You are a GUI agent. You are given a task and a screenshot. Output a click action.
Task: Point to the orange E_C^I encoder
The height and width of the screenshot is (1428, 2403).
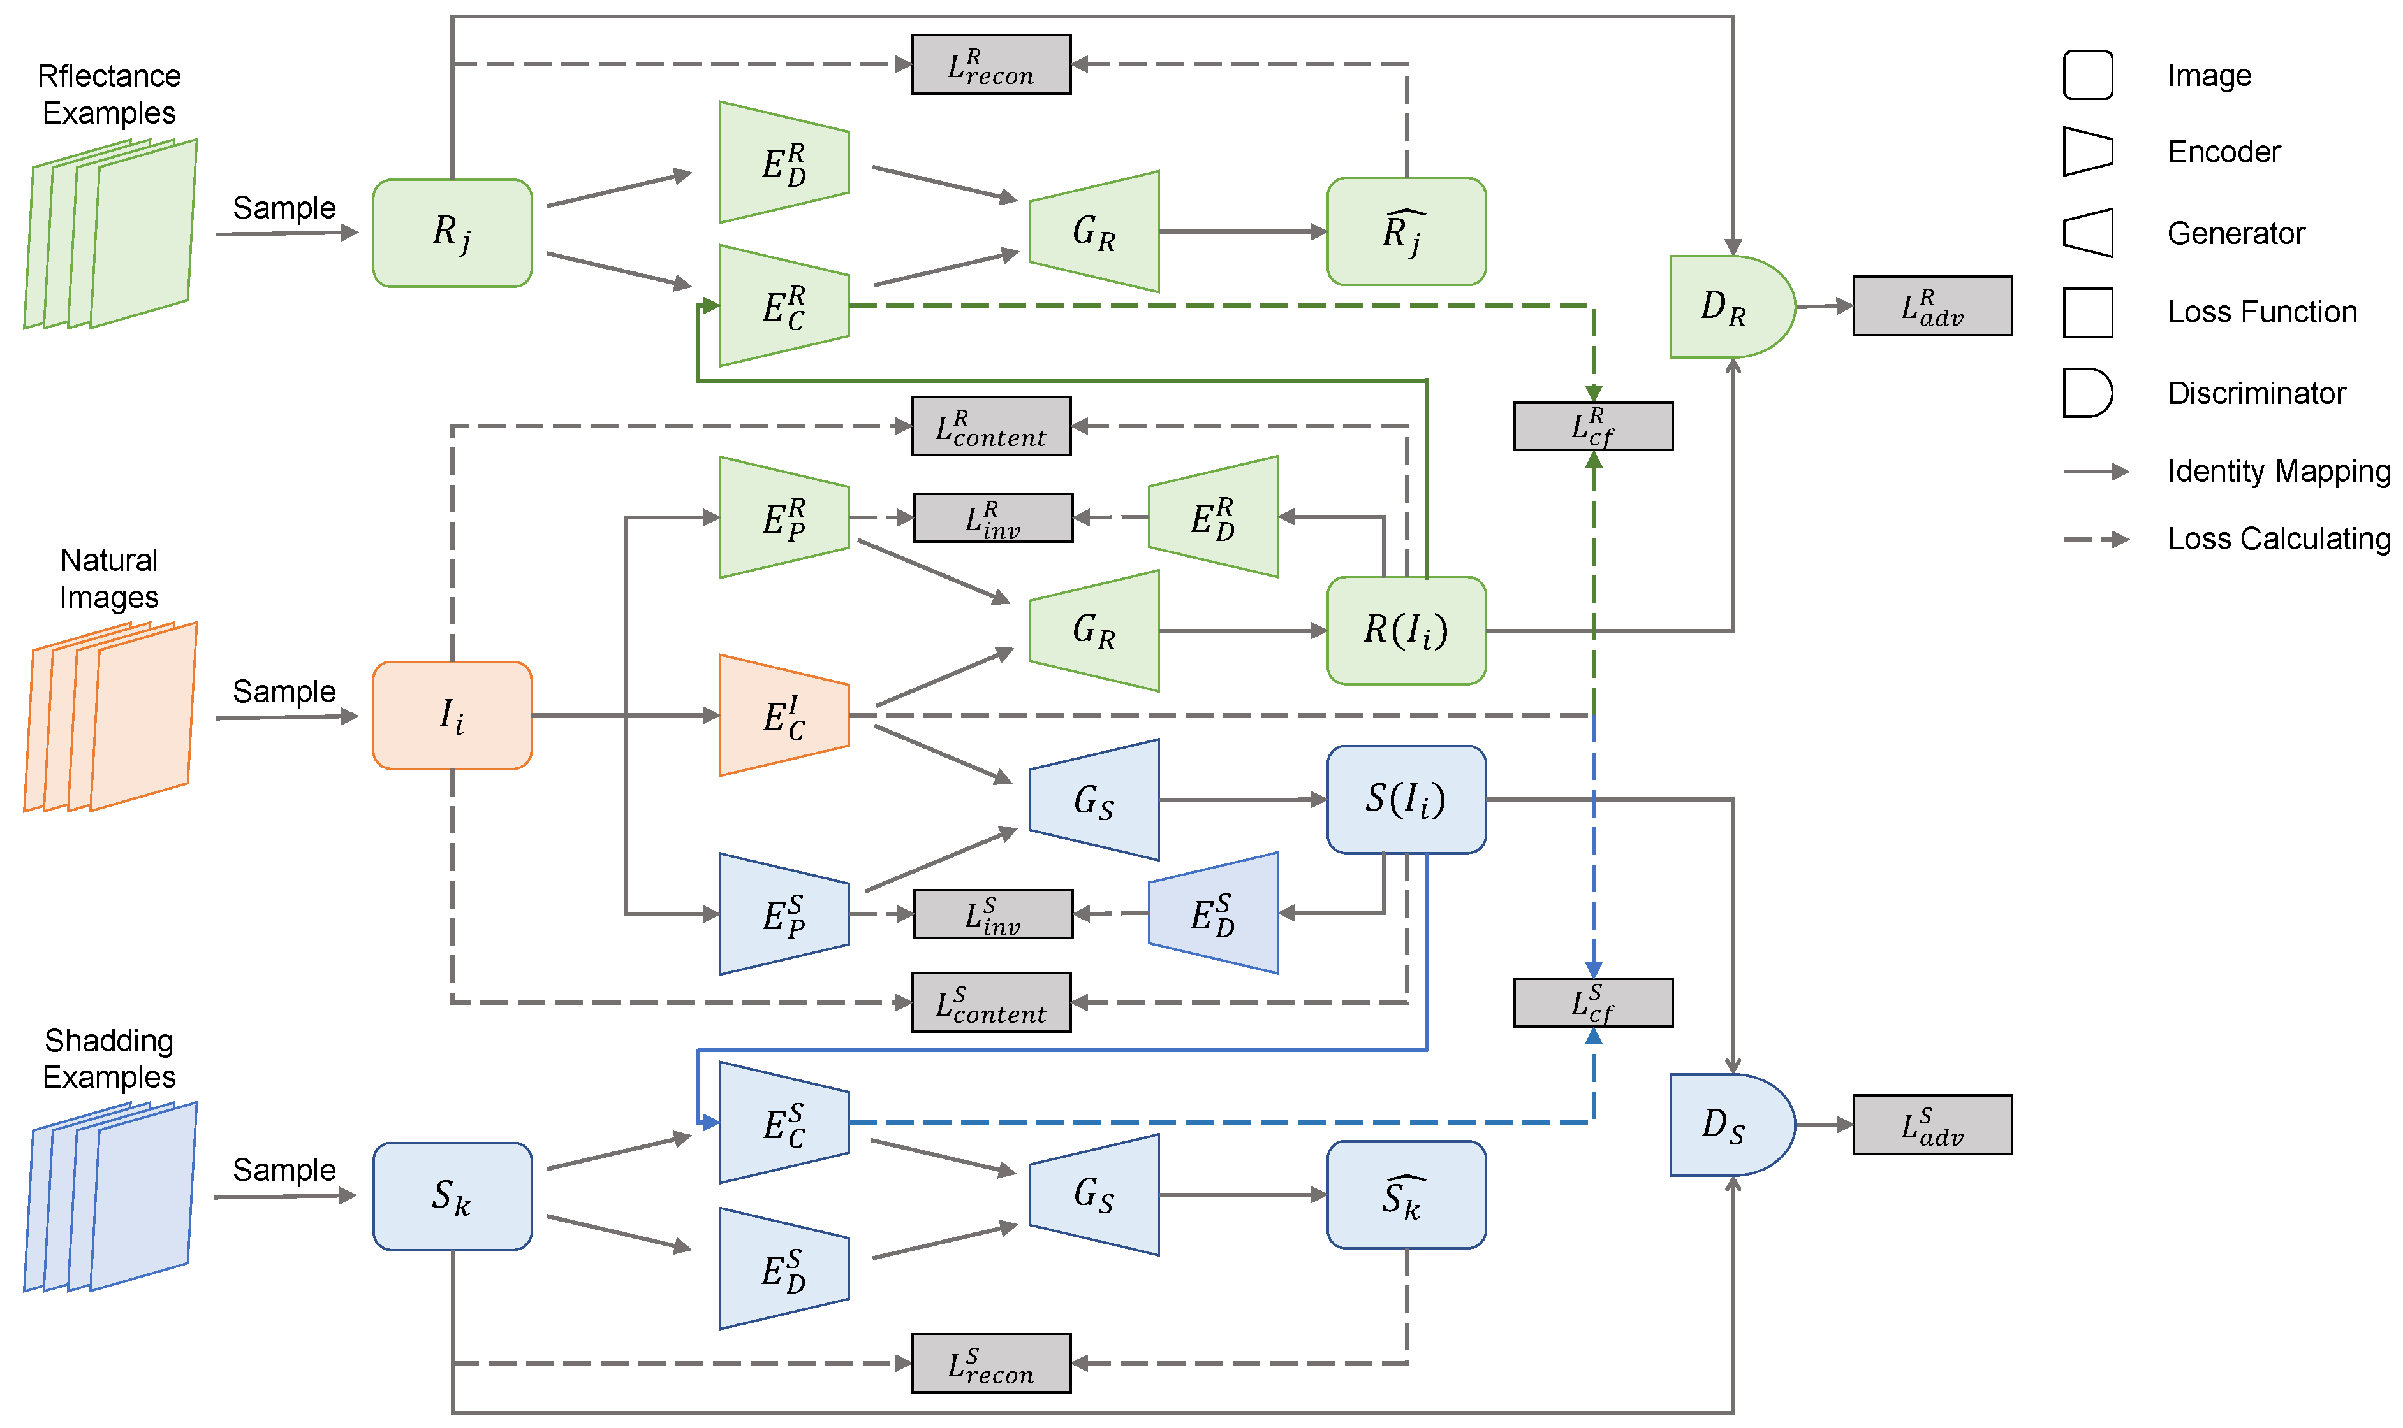tap(784, 715)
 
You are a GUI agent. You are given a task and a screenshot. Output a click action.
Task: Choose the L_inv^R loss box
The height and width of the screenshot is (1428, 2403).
tap(992, 517)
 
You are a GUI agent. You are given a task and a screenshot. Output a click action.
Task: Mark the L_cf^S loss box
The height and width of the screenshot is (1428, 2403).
tap(1592, 1003)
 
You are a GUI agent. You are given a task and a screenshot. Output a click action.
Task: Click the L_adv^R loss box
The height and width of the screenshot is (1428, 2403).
tap(1932, 306)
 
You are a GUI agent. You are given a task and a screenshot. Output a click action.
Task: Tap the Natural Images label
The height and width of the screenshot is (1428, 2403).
tap(109, 579)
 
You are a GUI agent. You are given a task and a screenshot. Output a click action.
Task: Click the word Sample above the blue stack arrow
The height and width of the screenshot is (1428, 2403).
tap(284, 1169)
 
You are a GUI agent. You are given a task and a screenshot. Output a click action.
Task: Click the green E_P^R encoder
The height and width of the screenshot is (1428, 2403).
tap(784, 517)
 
